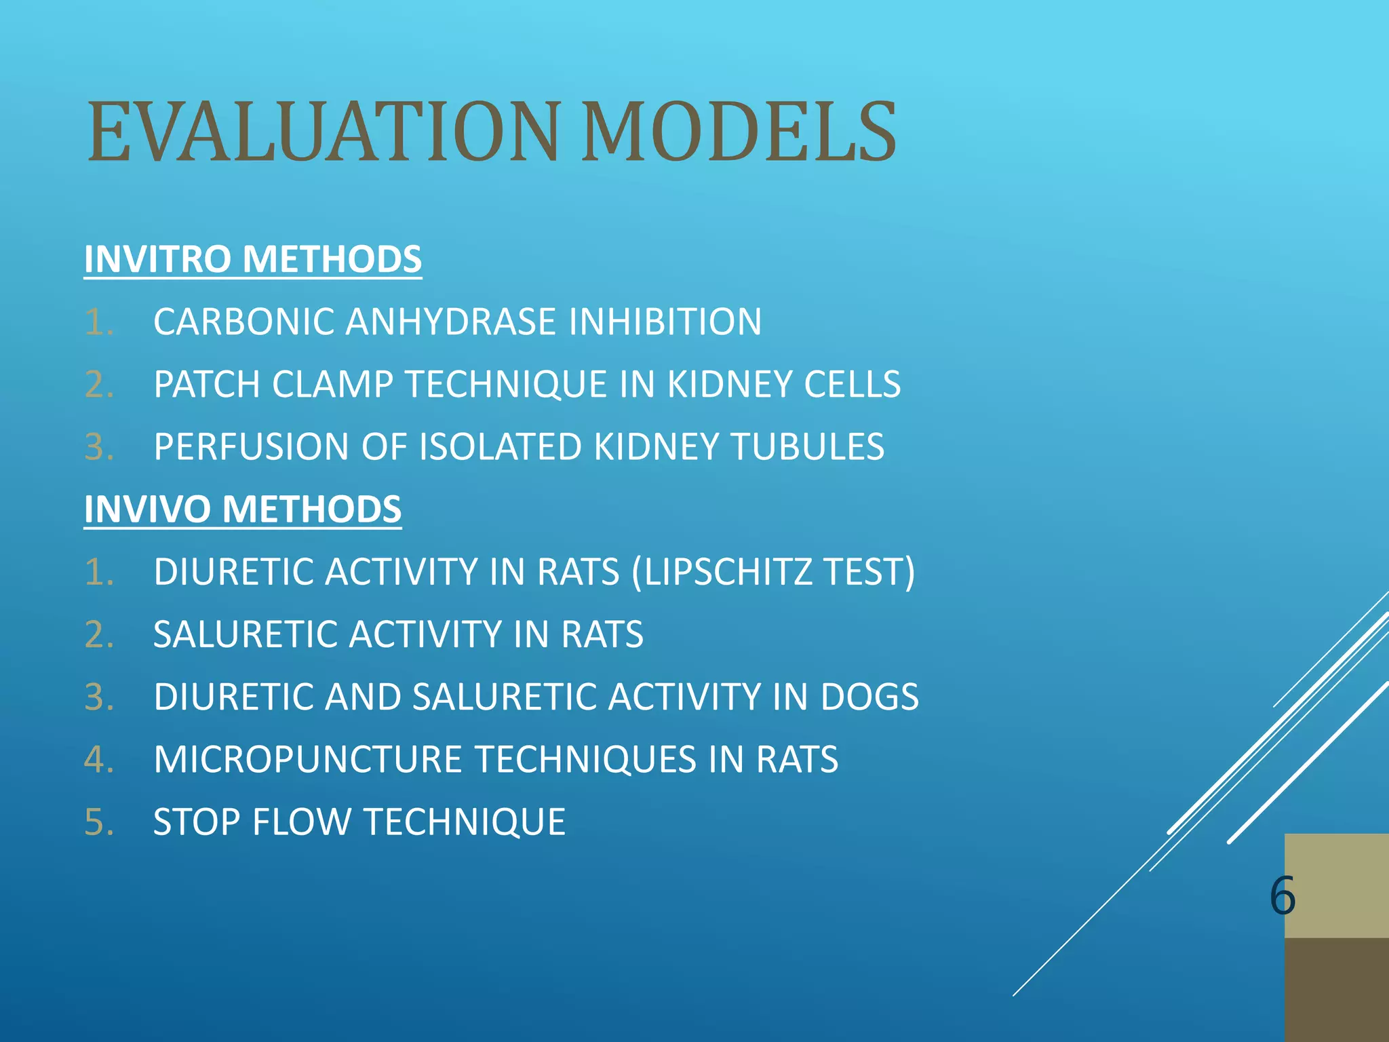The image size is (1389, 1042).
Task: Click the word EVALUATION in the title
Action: click(x=324, y=132)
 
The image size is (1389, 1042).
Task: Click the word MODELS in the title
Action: click(x=739, y=132)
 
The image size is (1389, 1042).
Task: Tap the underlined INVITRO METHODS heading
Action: click(x=252, y=259)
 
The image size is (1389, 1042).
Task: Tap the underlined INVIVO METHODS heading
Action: click(x=242, y=509)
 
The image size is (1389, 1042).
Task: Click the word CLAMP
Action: click(x=332, y=384)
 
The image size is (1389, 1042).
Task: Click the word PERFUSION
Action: click(x=251, y=447)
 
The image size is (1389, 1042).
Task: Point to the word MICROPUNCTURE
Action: click(x=307, y=759)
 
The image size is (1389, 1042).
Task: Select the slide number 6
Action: click(x=1282, y=895)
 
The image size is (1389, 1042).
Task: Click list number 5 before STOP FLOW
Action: click(x=99, y=822)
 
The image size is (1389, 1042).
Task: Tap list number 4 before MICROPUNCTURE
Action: click(x=99, y=759)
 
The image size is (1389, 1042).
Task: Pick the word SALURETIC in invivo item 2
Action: click(x=245, y=634)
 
